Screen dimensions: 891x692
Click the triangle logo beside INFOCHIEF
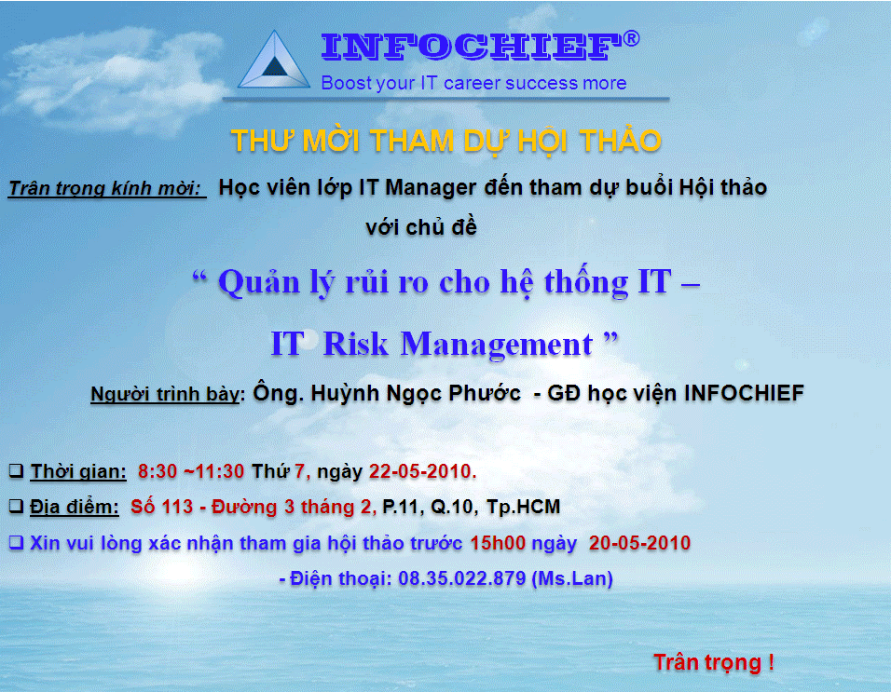[x=274, y=61]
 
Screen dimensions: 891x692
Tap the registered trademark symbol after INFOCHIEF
[x=631, y=38]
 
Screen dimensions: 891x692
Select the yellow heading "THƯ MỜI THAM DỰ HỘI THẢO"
[x=446, y=141]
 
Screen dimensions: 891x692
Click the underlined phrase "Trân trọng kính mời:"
[x=106, y=188]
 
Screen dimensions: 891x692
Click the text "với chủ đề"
[x=421, y=227]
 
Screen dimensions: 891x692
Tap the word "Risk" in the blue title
[x=355, y=344]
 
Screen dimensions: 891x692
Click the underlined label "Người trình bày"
[x=165, y=393]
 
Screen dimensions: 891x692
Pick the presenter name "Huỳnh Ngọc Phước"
[x=416, y=393]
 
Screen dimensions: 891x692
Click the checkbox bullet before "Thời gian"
[x=16, y=470]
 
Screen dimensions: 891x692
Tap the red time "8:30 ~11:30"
[x=191, y=471]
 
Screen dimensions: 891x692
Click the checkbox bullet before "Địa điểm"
[x=16, y=506]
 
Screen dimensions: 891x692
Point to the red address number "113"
[x=177, y=507]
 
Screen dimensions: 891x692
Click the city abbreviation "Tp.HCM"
[x=524, y=507]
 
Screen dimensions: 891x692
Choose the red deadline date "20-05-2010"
[x=639, y=543]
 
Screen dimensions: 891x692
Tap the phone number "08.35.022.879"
[x=461, y=578]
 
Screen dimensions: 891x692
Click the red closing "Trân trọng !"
[x=714, y=662]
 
